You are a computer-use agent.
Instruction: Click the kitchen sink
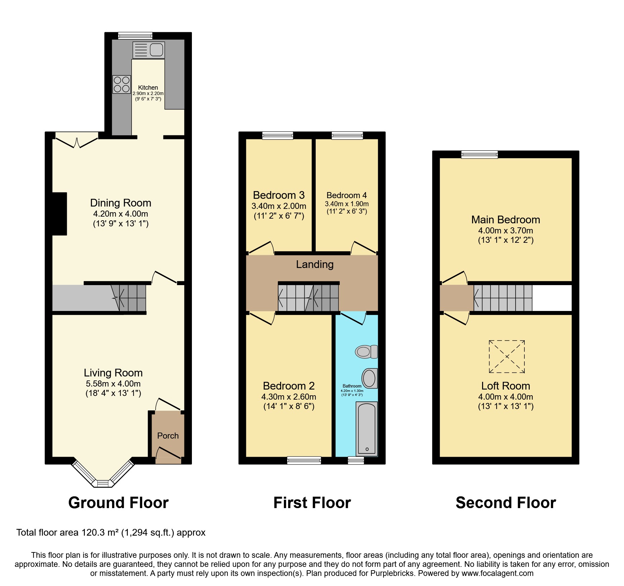[x=149, y=50]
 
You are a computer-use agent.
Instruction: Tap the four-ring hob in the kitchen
[x=121, y=84]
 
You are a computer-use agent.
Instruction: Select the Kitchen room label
[x=148, y=87]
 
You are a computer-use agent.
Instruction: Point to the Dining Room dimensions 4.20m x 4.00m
[x=120, y=214]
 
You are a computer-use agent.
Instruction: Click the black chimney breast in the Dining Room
[x=59, y=214]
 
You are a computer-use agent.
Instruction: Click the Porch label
[x=168, y=436]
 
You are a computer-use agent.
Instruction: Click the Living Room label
[x=113, y=373]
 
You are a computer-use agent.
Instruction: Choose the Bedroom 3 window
[x=278, y=135]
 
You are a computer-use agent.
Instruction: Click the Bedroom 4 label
[x=347, y=195]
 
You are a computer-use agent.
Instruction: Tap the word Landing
[x=315, y=264]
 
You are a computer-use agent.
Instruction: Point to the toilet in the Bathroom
[x=366, y=352]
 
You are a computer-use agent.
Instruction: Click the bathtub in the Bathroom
[x=367, y=429]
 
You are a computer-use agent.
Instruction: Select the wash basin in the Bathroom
[x=369, y=378]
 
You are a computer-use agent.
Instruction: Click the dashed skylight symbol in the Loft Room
[x=507, y=356]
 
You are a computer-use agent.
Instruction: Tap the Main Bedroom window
[x=479, y=154]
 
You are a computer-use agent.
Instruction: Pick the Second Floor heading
[x=506, y=503]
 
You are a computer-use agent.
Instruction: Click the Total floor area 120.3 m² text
[x=111, y=533]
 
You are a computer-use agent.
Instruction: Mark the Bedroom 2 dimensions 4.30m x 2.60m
[x=289, y=397]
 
